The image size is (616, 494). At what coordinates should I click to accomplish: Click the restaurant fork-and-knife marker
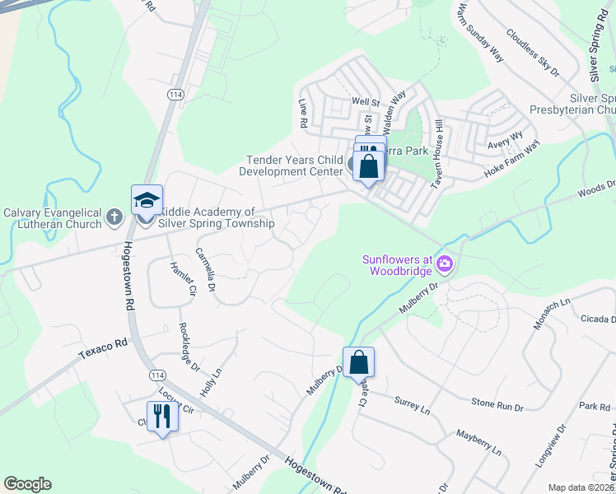[162, 417]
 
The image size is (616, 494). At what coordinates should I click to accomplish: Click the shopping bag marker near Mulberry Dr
[359, 362]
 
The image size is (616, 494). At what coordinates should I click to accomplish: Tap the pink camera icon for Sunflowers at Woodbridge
[445, 263]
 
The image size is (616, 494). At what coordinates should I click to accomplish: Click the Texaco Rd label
[105, 347]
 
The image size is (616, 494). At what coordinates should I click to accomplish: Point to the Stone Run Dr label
[497, 404]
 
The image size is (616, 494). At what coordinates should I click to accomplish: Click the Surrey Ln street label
[413, 405]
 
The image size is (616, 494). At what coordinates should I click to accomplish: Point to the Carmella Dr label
[205, 270]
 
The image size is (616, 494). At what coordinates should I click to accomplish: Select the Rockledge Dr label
[189, 346]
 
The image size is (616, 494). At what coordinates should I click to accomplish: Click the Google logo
[27, 484]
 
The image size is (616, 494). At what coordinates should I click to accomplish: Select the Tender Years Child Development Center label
[290, 165]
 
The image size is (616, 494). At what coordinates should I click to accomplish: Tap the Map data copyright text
[581, 487]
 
